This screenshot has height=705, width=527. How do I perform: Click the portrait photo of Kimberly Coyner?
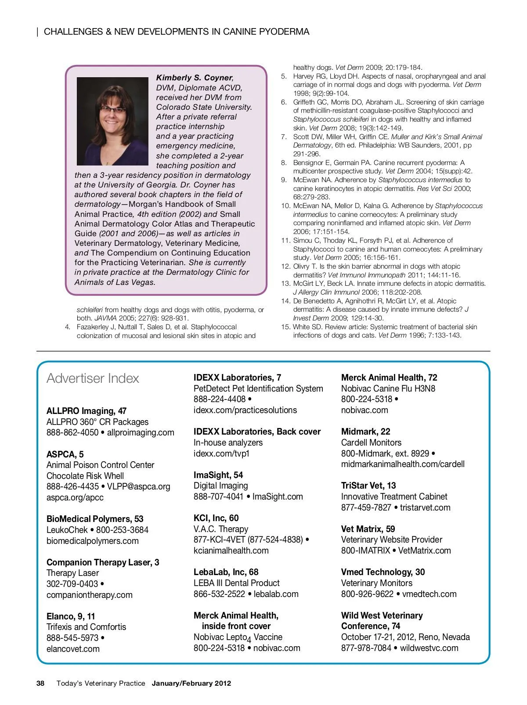coord(112,121)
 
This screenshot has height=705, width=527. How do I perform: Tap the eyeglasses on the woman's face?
coord(113,109)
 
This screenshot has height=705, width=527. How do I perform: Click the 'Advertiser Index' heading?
coord(93,378)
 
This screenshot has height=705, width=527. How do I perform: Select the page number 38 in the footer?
coord(40,683)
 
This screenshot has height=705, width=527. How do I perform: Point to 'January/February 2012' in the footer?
coord(191,683)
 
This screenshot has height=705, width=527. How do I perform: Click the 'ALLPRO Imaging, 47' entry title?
coord(87,411)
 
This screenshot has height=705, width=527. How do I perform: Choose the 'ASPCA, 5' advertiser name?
coord(65,454)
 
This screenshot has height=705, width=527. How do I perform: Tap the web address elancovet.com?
coord(73,649)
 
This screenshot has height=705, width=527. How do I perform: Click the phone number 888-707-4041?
coord(218,496)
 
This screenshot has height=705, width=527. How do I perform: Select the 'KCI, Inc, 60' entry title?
coord(216,518)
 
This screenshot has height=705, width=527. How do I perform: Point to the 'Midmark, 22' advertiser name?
coord(365,432)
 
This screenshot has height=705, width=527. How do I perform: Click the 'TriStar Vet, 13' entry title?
coord(368,486)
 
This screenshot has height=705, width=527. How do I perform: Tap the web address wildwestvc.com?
coord(429,648)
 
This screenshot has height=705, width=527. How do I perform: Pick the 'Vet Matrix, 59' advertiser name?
coord(368,529)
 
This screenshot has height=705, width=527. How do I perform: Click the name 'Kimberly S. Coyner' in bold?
coord(194,78)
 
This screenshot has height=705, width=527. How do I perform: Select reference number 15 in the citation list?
coord(286,327)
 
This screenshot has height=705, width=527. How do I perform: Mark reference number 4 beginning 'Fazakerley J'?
coord(68,327)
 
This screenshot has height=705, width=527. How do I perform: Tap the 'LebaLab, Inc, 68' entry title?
coord(226,572)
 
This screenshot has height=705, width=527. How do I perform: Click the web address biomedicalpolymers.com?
coord(92,541)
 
